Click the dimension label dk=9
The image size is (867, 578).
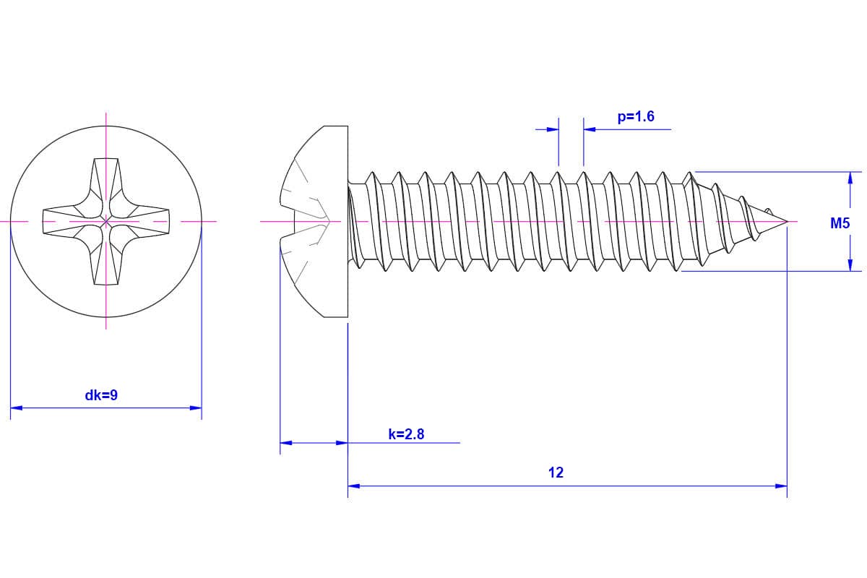[101, 395]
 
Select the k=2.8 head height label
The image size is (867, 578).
[406, 433]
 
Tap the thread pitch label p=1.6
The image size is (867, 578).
[636, 116]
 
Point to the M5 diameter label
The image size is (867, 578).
[840, 223]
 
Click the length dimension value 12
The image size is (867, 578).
[556, 473]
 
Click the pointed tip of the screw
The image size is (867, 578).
[785, 220]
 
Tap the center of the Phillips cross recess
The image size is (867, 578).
[106, 220]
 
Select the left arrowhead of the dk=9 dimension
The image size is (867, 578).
[16, 408]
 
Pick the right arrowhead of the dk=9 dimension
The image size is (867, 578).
[196, 408]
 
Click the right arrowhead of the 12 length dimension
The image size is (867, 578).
[781, 486]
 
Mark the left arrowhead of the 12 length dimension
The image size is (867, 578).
[354, 486]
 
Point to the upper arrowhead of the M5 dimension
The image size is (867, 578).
[850, 178]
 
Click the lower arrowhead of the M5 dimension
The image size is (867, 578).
[850, 265]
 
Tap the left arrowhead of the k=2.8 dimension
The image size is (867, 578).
[285, 442]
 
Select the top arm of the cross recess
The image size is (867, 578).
[106, 177]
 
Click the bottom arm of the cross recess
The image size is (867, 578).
[106, 264]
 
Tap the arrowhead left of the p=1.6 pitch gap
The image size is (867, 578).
[553, 129]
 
